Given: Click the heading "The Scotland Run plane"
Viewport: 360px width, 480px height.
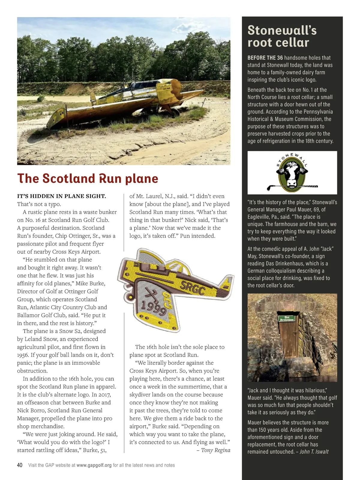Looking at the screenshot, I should (88, 178).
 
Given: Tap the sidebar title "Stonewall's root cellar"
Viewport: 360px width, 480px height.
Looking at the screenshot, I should (282, 36).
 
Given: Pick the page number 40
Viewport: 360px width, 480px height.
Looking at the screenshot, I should (20, 465).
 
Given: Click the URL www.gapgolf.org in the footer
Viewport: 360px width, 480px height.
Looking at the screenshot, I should (94, 465).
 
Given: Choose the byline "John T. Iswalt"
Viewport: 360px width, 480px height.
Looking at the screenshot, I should (314, 452).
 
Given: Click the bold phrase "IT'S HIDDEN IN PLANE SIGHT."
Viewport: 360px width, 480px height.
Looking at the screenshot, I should (61, 196).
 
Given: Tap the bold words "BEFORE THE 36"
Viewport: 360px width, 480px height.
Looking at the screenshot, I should (265, 58).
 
